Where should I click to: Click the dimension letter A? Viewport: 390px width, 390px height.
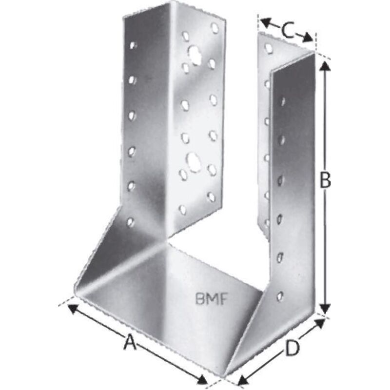pos(129,343)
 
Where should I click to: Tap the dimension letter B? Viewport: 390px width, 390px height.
pos(325,181)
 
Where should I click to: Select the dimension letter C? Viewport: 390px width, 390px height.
pos(287,30)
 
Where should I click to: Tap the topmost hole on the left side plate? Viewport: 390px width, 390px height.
pos(133,45)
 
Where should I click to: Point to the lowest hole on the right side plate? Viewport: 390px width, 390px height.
pos(279,295)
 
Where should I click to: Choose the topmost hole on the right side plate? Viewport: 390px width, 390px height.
pos(282,102)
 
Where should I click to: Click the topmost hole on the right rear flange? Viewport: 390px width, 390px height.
pos(268,48)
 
